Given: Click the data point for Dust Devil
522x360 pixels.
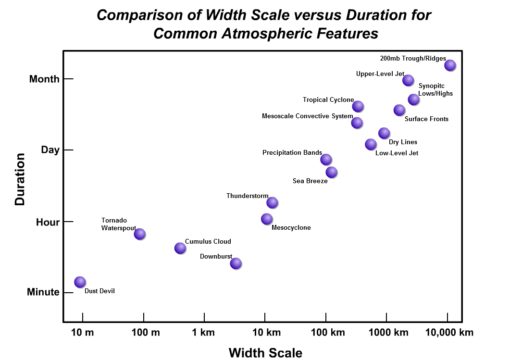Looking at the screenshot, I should pos(80,282).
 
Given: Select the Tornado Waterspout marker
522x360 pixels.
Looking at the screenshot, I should pos(139,234).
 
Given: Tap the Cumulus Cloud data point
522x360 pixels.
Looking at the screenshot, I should pos(180,248).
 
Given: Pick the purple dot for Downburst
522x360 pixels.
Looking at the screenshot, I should pos(236,263).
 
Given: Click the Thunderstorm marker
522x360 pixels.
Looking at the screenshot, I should pos(272,202).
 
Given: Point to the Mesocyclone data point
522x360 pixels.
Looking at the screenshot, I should pos(266,219).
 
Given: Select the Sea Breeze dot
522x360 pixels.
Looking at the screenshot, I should pos(331,172).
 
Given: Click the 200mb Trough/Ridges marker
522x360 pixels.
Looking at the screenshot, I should pos(450,65).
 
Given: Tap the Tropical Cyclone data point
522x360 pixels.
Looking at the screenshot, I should pos(358,106).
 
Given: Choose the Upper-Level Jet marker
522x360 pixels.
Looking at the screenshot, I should pos(408,80).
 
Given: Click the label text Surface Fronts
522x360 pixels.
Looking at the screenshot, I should pos(426,119).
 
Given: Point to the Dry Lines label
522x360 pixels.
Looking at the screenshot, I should pos(403,142).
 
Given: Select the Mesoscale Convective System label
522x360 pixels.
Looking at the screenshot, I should pos(307,116).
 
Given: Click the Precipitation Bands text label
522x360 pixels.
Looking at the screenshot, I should pos(292,153).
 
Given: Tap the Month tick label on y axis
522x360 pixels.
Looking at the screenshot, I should pos(44,79).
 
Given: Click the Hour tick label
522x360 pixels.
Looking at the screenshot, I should pos(48,222).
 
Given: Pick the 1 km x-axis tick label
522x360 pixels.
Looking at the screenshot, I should pos(204,333).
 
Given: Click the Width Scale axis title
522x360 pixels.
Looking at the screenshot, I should pos(265,353).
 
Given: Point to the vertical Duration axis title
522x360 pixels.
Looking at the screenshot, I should pos(20,179).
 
